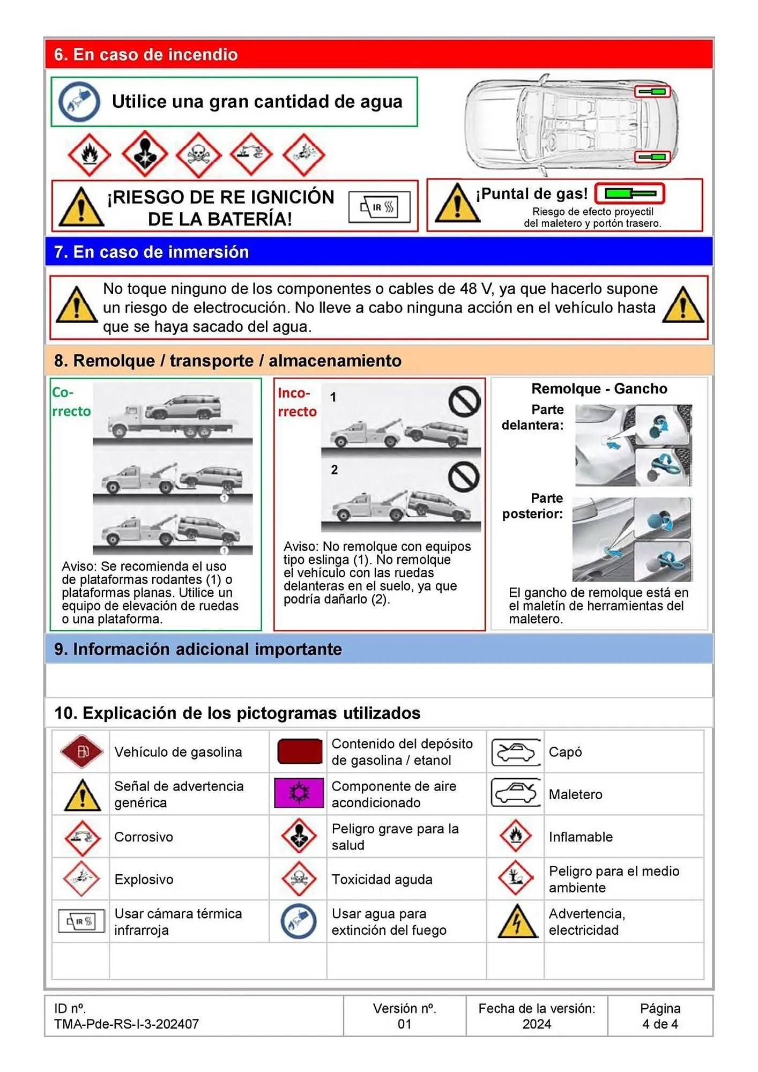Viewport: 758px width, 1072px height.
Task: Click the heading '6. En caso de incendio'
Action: tap(146, 55)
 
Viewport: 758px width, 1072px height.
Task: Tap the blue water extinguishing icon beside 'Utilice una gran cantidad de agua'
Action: tap(79, 102)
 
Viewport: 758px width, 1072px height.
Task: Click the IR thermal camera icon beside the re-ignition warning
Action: tap(380, 207)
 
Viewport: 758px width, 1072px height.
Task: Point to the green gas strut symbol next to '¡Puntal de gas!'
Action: tap(630, 193)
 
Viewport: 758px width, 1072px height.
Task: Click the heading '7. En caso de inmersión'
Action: tap(152, 252)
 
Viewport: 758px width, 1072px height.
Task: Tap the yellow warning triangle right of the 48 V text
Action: tap(682, 306)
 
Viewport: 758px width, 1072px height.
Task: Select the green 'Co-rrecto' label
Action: tap(71, 402)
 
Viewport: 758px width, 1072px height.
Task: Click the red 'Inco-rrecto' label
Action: tap(297, 402)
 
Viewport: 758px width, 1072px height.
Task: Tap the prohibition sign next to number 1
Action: tap(464, 401)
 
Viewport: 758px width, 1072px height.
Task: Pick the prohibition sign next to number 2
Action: tap(464, 476)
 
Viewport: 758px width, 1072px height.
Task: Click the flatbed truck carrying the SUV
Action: tap(173, 415)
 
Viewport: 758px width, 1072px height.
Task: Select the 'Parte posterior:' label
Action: tap(533, 506)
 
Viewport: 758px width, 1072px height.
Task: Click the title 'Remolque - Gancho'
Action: tap(599, 389)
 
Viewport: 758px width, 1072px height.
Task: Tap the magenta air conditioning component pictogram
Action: tap(299, 793)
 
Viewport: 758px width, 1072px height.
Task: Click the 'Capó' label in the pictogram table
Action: tap(565, 752)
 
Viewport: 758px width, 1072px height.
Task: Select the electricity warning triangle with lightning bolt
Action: tap(517, 922)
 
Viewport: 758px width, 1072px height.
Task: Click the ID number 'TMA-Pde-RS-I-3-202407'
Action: tap(127, 1024)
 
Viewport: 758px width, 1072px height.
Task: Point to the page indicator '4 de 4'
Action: tap(660, 1024)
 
